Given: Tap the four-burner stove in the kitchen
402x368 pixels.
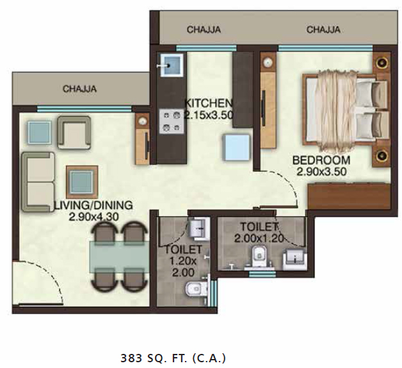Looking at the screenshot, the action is [x=172, y=121].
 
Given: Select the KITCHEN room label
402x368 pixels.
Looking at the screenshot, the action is [x=209, y=103].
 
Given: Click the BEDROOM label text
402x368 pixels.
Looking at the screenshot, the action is [x=321, y=160].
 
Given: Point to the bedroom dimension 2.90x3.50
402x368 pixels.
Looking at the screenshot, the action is [x=321, y=172].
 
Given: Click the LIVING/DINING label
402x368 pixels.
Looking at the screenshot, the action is [x=93, y=205].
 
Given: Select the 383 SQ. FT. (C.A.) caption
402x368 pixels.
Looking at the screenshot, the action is [x=173, y=358].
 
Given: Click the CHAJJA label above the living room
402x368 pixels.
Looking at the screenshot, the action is [x=79, y=89].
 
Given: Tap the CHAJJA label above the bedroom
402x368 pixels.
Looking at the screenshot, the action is [x=323, y=29].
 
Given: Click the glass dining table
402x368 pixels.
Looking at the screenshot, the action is [x=119, y=257].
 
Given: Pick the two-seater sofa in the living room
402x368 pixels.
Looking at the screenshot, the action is [x=38, y=182].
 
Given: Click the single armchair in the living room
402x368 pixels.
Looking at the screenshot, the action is [x=74, y=133].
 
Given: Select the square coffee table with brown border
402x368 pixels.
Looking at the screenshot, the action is [x=82, y=182].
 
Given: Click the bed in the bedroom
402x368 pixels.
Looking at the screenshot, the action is [x=345, y=110].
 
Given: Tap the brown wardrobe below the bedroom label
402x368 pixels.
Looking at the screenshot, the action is [x=349, y=196].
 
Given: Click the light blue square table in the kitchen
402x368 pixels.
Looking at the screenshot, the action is [x=236, y=147].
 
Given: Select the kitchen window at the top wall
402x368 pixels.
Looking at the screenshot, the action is [x=206, y=48].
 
